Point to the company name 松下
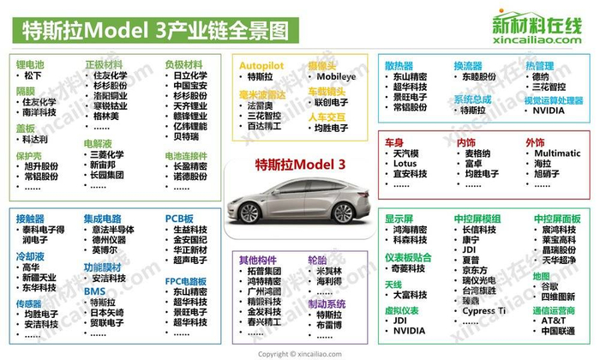click(32, 76)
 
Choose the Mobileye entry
click(336, 76)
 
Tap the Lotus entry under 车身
click(405, 164)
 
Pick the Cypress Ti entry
click(484, 310)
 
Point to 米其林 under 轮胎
click(328, 271)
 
